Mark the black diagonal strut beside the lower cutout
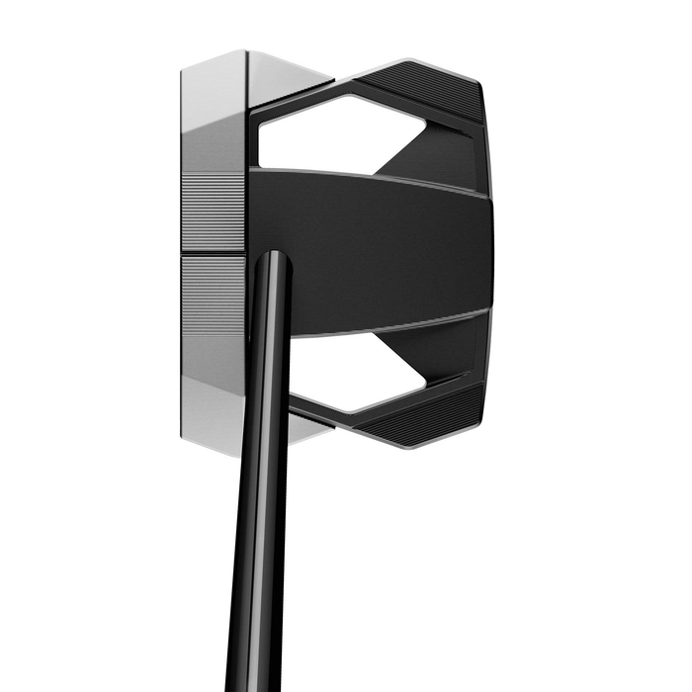click(445, 356)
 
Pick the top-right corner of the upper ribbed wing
click(478, 85)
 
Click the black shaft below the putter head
click(262, 554)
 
